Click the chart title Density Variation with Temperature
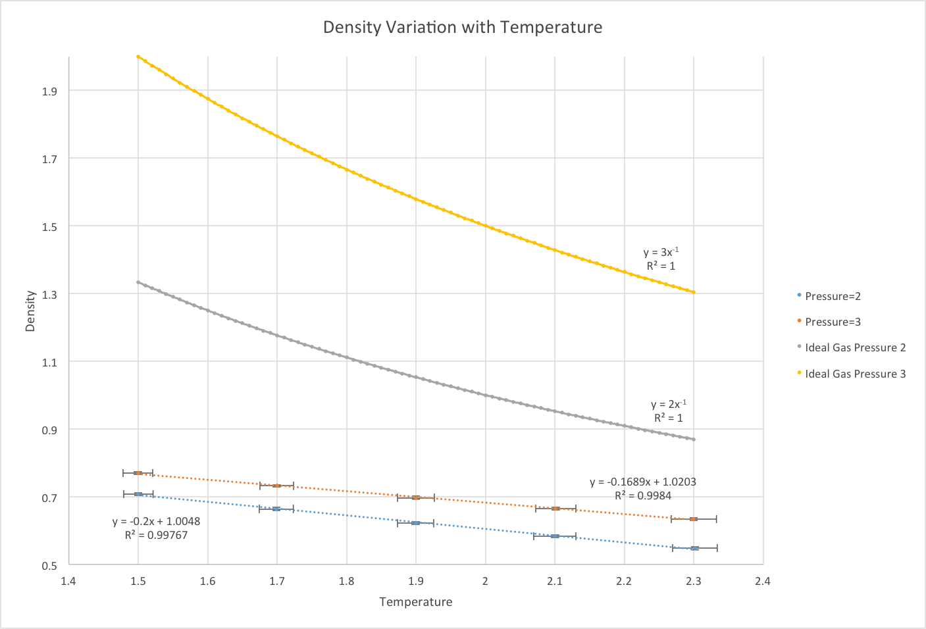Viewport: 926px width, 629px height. tap(462, 28)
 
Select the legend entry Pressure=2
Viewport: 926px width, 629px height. tap(833, 296)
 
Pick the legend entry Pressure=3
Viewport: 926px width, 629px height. tap(833, 322)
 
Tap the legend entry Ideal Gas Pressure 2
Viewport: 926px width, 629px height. tap(855, 347)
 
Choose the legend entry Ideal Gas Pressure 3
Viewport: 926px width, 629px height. tap(855, 374)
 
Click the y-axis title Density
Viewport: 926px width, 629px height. tap(30, 311)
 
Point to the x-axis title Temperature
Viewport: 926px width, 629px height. tap(416, 602)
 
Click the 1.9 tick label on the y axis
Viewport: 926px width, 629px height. tap(49, 91)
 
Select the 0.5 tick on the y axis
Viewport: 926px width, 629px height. tap(49, 565)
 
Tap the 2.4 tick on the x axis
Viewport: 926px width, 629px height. tap(763, 581)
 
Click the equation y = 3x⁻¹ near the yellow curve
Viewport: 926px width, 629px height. tap(661, 253)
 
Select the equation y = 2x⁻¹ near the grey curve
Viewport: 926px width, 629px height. tap(668, 405)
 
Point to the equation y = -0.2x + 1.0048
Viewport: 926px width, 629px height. tap(156, 522)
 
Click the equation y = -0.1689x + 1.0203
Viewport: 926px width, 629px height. tap(643, 482)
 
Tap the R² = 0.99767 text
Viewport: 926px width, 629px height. tap(156, 536)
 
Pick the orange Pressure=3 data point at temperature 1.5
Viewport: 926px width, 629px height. tap(138, 473)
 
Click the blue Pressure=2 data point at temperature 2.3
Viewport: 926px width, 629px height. tap(694, 548)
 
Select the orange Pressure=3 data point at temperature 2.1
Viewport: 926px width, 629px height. tap(555, 509)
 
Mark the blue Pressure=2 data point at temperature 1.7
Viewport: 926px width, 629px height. tap(276, 509)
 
